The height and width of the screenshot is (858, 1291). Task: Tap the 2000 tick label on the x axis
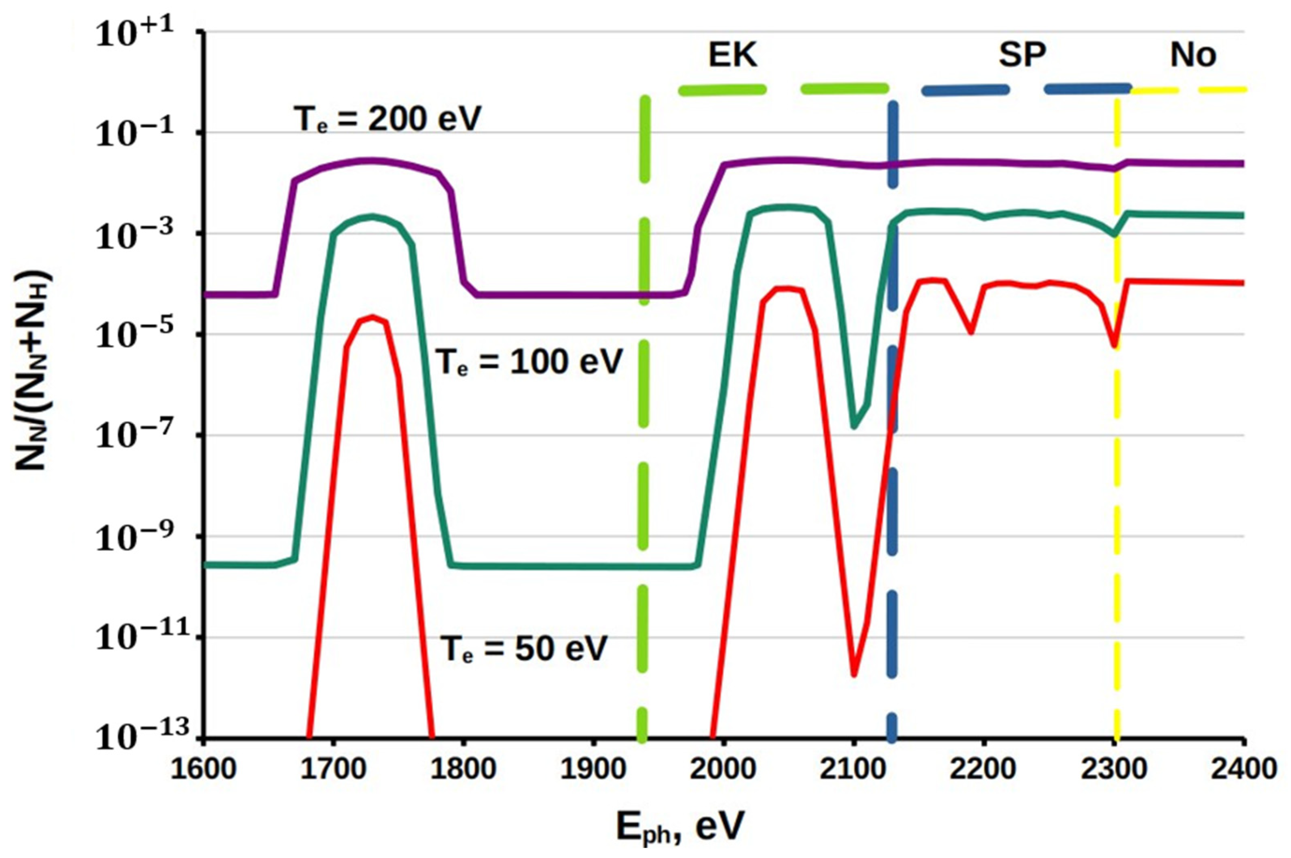coord(723,769)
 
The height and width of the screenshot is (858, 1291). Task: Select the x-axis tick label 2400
coord(1244,769)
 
